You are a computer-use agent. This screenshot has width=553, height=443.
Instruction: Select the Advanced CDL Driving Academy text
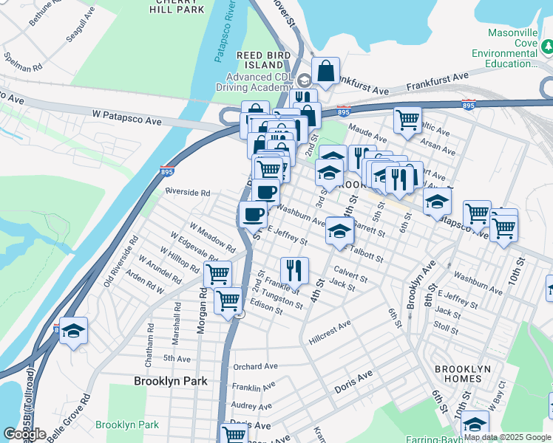point(261,83)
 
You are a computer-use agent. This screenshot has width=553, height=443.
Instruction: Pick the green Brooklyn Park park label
point(126,425)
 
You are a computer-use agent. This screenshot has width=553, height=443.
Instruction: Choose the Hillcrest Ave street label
point(330,328)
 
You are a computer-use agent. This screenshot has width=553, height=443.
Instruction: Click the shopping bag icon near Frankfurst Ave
point(325,71)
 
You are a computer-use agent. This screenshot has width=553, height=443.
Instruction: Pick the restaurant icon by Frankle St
point(294,270)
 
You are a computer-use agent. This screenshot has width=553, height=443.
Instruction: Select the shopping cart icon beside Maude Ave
point(407,119)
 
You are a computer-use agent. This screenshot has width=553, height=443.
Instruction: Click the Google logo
point(24,434)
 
